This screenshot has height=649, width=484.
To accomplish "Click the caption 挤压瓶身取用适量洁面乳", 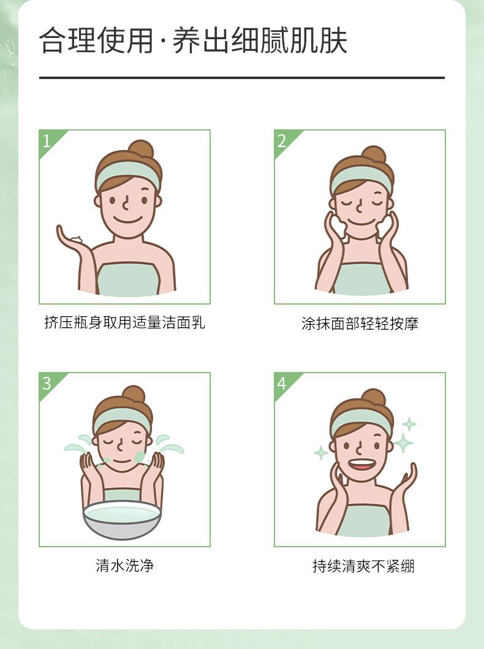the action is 124,322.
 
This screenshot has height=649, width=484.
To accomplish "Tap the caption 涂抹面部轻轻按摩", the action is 360,323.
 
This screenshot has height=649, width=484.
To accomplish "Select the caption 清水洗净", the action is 124,565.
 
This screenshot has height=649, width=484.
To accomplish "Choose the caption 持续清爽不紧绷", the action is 363,566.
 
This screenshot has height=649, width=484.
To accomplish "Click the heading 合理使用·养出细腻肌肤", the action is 193,40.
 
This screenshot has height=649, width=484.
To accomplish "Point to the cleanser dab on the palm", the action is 77,239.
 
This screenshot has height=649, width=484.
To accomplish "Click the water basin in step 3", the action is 122,519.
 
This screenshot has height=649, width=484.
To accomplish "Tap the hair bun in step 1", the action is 141,148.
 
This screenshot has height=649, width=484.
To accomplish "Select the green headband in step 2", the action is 361,179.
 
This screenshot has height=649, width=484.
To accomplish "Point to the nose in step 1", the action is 126,203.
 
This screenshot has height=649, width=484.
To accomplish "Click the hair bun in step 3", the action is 134,393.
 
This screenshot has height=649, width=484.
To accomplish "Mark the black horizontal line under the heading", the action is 242,77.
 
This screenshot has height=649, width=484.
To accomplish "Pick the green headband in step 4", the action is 361,422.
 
